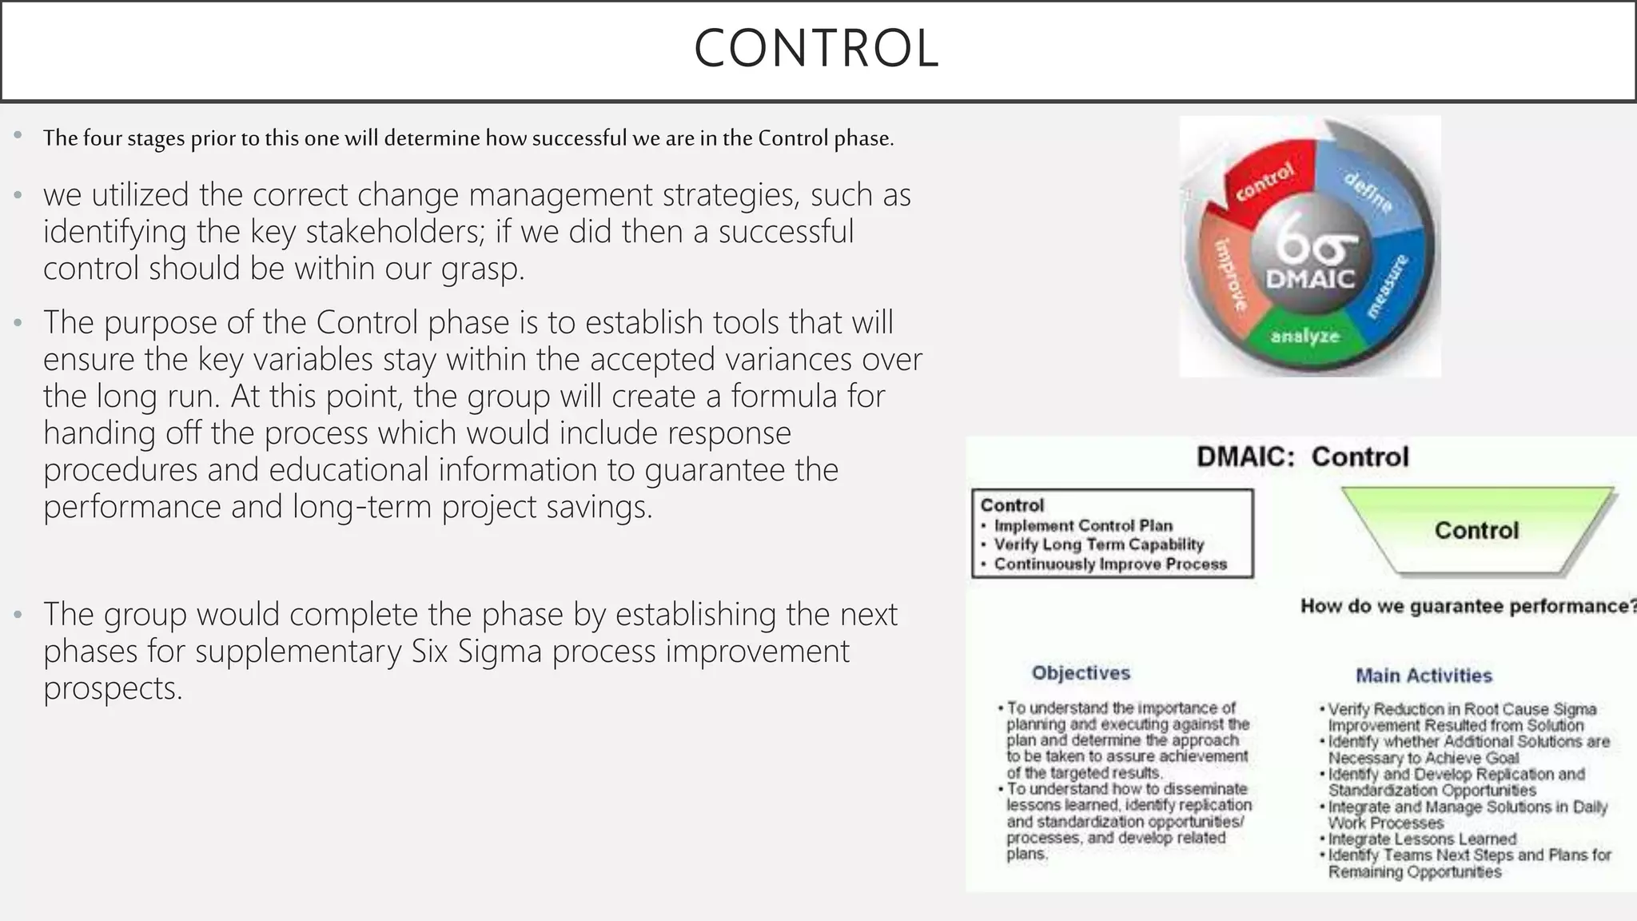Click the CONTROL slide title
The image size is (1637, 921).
tap(816, 49)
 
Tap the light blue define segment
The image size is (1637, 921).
tap(1368, 187)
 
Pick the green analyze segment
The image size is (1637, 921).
tap(1304, 337)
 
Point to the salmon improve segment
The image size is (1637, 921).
tap(1229, 276)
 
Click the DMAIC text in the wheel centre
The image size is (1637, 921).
tap(1310, 280)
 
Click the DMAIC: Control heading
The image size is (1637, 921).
tap(1302, 457)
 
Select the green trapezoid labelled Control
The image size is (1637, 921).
tap(1476, 530)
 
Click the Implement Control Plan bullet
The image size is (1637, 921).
tap(1082, 526)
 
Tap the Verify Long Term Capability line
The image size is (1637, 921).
tap(1098, 545)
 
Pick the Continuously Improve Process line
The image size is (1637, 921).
tap(1109, 564)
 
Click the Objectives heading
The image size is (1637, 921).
tap(1081, 673)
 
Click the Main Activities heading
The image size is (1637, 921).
tap(1424, 676)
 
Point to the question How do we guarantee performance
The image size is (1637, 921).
tap(1466, 607)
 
